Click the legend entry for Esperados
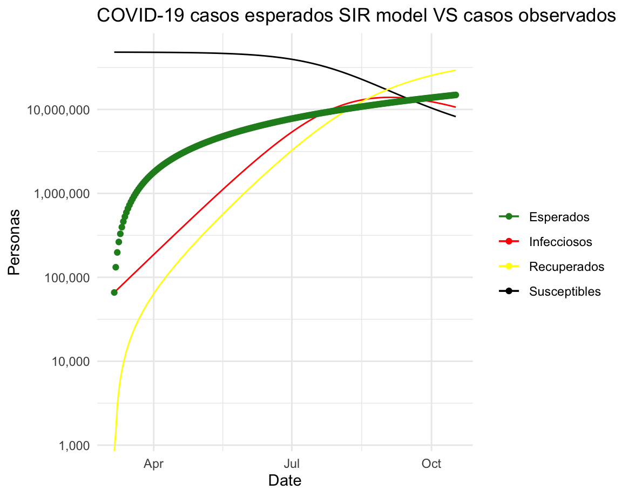(559, 217)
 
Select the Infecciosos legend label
(560, 242)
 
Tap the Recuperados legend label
(566, 267)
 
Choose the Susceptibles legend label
(565, 292)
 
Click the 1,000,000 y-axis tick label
(62, 194)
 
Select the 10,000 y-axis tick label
(71, 362)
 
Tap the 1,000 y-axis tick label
(75, 446)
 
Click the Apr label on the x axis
(153, 464)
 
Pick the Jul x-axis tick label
(292, 464)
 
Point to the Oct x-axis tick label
(431, 464)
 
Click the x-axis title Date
(285, 480)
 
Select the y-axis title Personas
(14, 242)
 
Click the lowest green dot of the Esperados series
(114, 292)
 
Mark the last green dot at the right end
(456, 95)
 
